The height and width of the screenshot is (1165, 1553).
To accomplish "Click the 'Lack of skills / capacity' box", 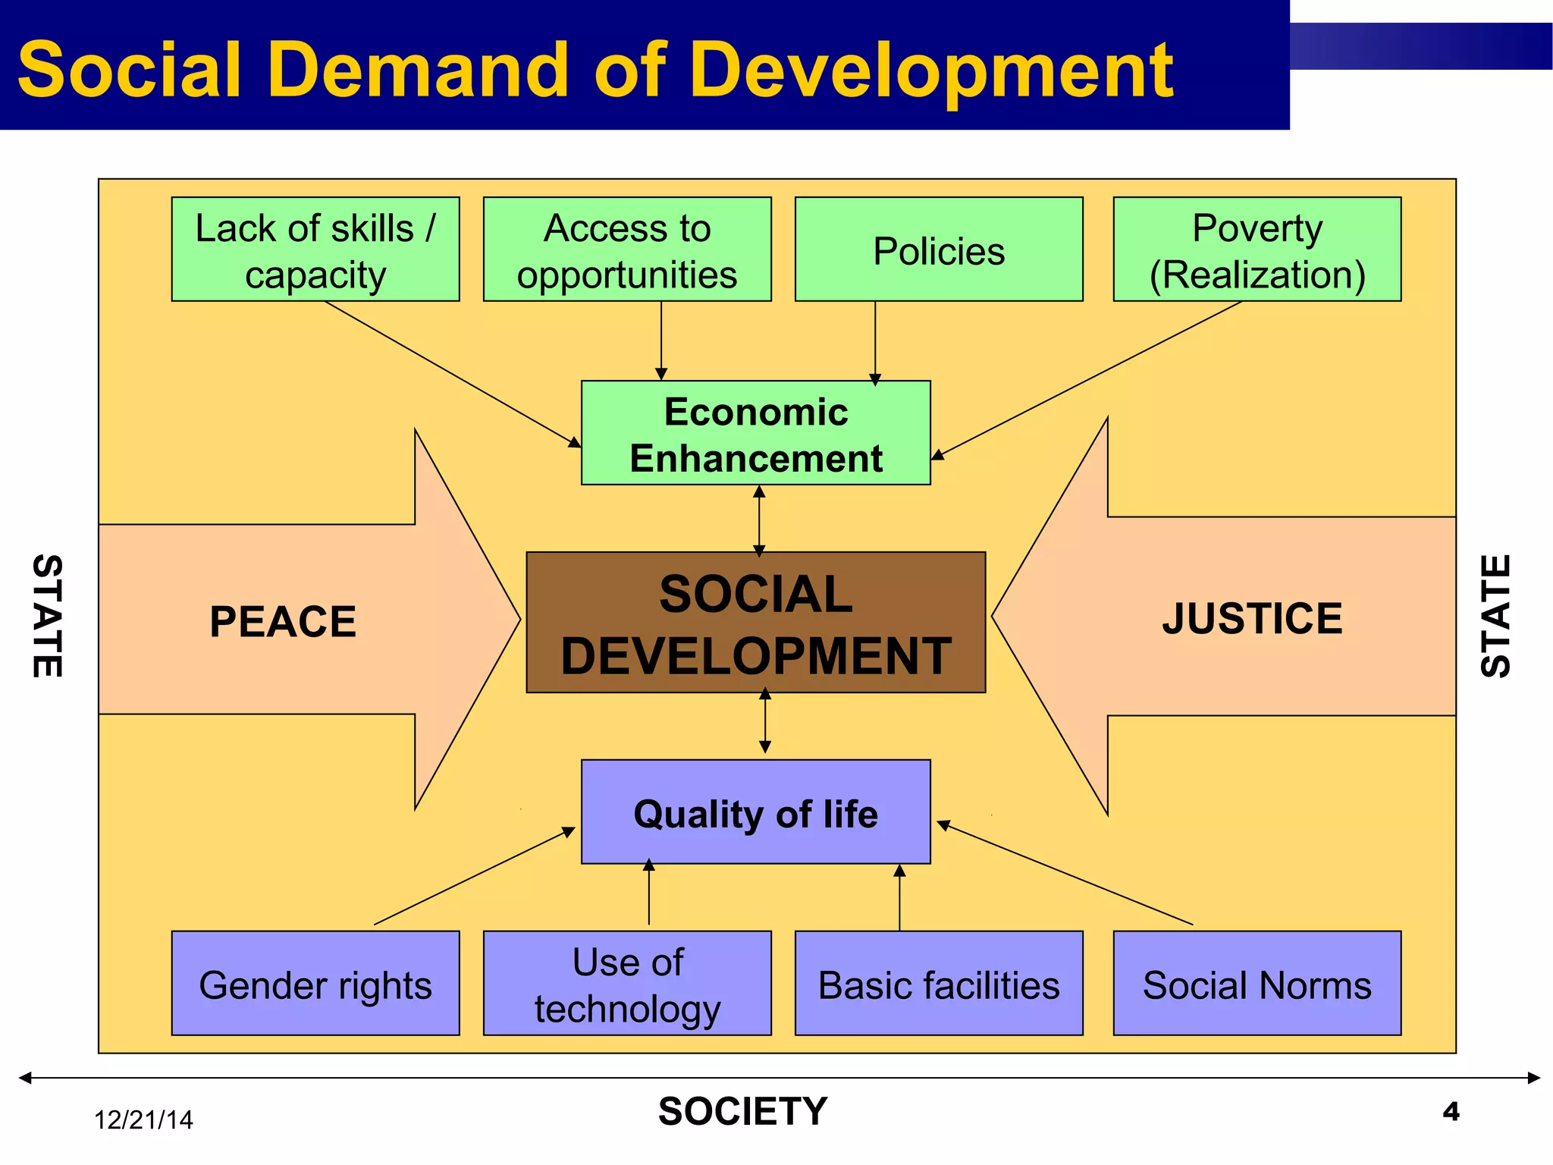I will click(315, 250).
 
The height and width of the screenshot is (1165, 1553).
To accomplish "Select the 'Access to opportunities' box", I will click(627, 250).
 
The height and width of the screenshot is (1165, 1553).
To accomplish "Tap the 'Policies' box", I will click(939, 250).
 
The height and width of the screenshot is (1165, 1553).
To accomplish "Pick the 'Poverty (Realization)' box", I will click(1257, 250).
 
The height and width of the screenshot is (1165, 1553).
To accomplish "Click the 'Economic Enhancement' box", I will click(756, 433).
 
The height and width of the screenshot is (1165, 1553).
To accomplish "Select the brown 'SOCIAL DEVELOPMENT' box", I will click(756, 623).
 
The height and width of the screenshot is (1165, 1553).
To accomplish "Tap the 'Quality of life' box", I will click(756, 812).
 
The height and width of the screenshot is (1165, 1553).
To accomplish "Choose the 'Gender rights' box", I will click(315, 984).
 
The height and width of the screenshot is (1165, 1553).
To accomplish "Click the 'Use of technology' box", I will click(627, 984).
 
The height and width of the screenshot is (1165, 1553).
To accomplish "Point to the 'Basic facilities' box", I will click(939, 984).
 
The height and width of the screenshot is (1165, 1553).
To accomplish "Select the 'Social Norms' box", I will click(1257, 984).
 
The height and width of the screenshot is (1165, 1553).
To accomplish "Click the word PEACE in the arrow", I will click(283, 622).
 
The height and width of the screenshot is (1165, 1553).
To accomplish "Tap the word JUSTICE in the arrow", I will click(1252, 618).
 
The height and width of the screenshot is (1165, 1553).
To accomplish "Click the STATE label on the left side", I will click(48, 616).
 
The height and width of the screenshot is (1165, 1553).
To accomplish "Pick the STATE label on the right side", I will click(1496, 616).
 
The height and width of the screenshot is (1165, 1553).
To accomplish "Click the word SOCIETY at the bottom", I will click(743, 1112).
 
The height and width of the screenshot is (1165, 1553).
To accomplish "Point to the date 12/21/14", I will click(143, 1120).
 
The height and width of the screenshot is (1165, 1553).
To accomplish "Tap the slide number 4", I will click(1451, 1112).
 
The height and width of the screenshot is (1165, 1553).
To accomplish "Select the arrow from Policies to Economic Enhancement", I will click(875, 341).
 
